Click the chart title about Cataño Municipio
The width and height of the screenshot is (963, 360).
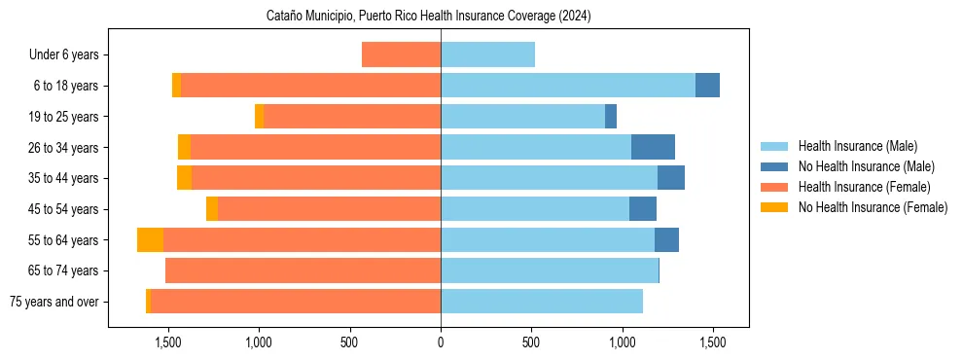click(x=428, y=16)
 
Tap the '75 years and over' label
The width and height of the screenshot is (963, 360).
click(x=54, y=302)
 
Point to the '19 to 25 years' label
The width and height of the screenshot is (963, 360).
click(x=64, y=117)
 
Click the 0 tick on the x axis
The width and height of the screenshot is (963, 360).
click(x=441, y=342)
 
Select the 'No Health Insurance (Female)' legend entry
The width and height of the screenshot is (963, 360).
click(x=871, y=207)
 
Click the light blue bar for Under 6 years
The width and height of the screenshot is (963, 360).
click(x=487, y=54)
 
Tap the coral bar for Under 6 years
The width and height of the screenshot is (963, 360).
click(x=401, y=54)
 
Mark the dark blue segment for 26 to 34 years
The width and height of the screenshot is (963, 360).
click(x=653, y=147)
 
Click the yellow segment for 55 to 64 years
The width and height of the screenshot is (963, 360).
click(x=150, y=239)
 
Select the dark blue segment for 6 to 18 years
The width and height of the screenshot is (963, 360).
click(x=707, y=86)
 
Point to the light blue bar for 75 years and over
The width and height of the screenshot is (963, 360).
click(x=541, y=302)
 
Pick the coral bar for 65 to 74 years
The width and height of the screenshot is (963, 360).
click(x=303, y=270)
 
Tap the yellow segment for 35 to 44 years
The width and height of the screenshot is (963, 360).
click(x=184, y=178)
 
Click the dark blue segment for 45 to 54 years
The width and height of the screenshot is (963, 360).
click(x=643, y=209)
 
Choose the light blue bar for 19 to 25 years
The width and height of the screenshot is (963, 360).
click(x=522, y=117)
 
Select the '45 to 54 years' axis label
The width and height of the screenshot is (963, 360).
click(x=64, y=209)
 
